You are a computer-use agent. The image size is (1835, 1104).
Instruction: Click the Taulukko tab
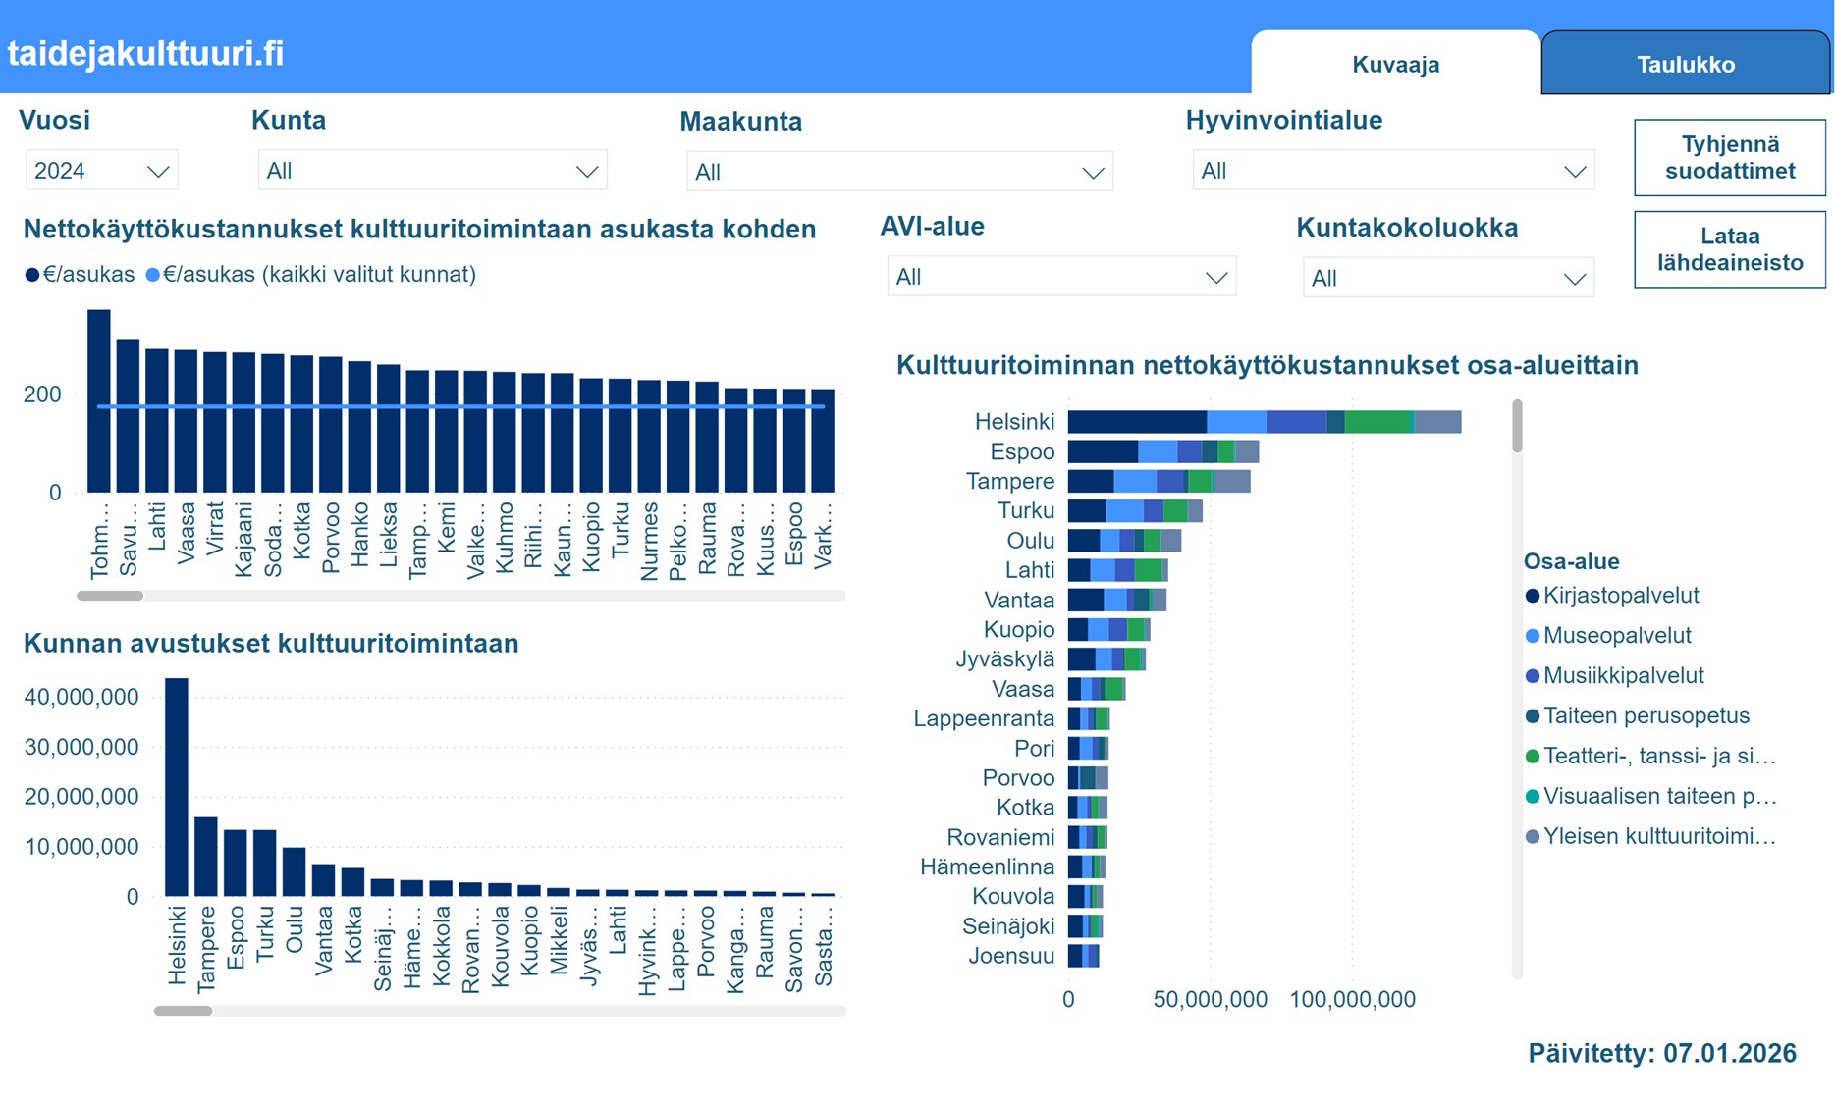1685,65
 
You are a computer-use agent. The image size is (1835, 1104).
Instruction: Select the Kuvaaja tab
1395,65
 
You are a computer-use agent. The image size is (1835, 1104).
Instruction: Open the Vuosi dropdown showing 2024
100,171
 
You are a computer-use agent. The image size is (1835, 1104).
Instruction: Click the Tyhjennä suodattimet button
1729,158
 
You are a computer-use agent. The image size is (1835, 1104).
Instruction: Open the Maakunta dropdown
898,172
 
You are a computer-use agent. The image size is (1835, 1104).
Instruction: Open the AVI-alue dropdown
1060,277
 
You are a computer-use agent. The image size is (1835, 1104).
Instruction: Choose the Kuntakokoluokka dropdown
1447,278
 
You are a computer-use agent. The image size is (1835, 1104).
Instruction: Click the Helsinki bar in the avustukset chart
177,786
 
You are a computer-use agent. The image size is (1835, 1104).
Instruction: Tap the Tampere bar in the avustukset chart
206,856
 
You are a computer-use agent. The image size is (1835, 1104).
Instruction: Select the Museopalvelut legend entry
1616,636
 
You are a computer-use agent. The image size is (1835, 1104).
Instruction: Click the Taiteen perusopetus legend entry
1646,716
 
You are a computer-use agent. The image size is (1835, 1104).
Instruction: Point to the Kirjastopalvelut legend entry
1620,596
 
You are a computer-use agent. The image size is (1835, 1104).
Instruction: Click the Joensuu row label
1011,956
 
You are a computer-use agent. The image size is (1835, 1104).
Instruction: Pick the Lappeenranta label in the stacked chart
984,718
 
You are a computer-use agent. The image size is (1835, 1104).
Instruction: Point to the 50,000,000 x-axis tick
1210,1000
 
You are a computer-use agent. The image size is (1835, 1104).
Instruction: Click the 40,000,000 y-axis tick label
81,697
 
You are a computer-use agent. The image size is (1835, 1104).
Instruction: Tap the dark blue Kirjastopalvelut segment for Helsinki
1136,422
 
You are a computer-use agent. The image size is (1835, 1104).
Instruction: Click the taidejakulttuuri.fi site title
145,53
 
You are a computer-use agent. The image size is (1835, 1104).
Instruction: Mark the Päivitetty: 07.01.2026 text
1661,1053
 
